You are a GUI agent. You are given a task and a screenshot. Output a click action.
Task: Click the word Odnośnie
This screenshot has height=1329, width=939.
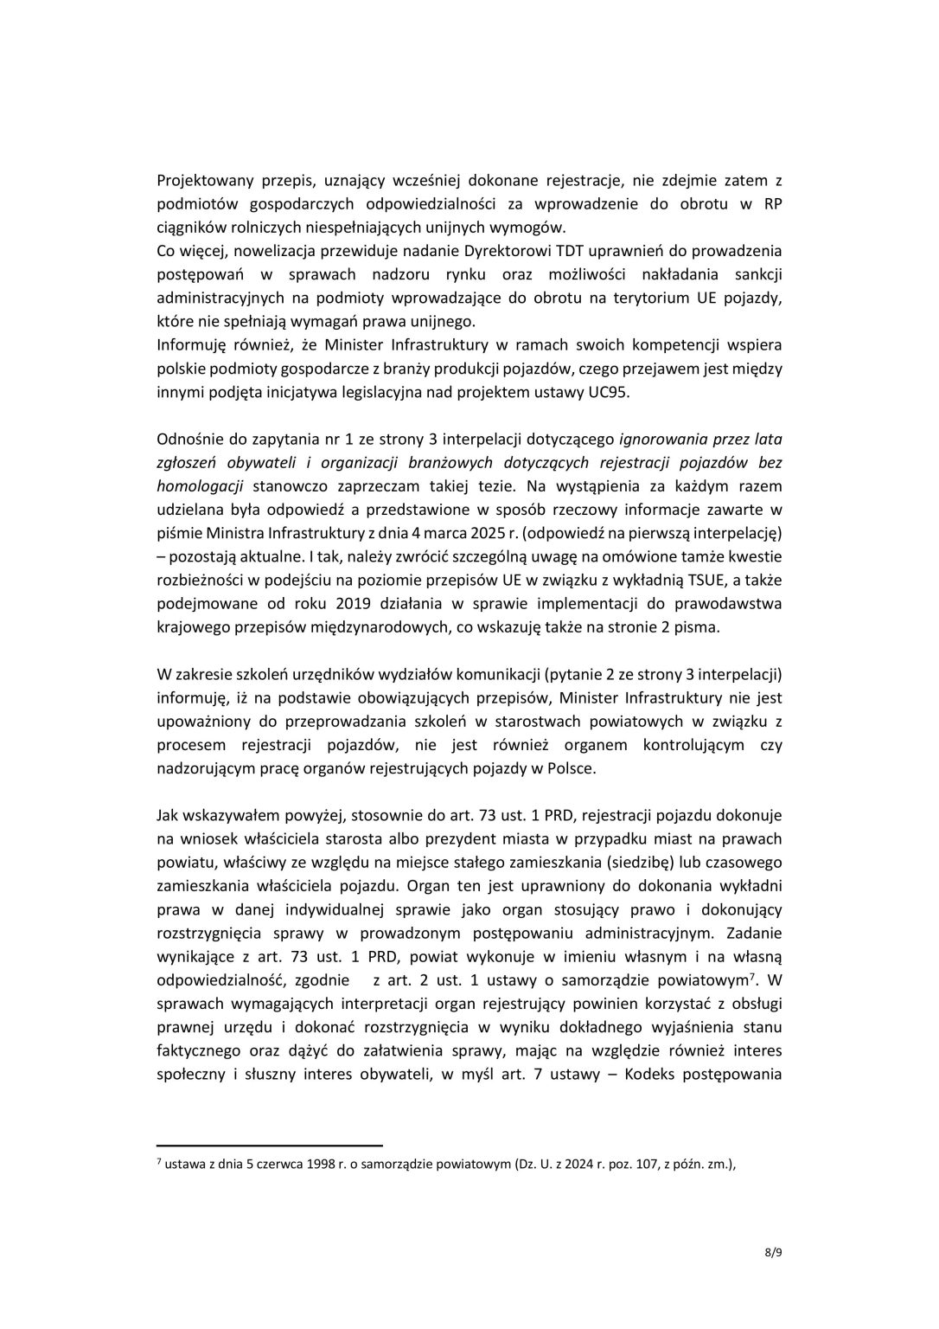[188, 439]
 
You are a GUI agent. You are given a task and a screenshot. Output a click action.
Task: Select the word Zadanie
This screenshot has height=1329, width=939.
[754, 933]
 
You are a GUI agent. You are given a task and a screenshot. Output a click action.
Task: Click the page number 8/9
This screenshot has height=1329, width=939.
[772, 1274]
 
